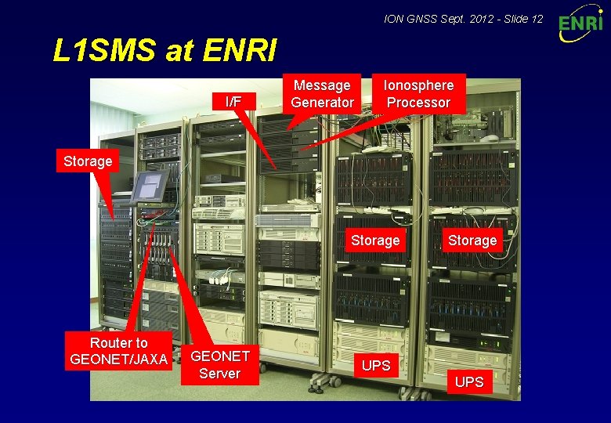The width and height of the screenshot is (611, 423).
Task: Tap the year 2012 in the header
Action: [x=482, y=17]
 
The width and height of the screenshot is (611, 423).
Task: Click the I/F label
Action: [x=233, y=101]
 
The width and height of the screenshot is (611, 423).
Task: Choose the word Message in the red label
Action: [x=322, y=85]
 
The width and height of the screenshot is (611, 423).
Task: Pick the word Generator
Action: [x=322, y=103]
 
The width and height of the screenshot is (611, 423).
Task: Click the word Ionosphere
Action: [x=418, y=85]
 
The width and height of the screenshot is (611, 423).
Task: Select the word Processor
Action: [x=418, y=103]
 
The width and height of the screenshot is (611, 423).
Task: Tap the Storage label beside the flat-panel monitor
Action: [x=87, y=161]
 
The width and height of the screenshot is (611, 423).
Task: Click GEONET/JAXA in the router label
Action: [x=119, y=360]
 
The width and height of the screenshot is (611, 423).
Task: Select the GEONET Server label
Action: [x=220, y=364]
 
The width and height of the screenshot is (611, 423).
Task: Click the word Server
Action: [x=220, y=373]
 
